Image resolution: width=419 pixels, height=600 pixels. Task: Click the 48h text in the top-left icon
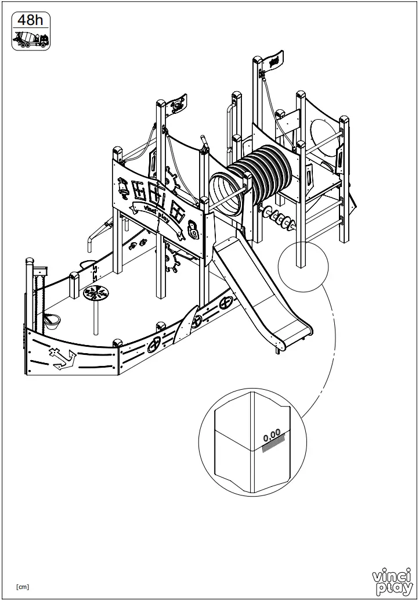pyautogui.click(x=30, y=20)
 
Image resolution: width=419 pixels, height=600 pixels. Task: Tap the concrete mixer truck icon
pyautogui.click(x=31, y=39)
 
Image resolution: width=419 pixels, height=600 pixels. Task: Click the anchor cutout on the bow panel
pyautogui.click(x=62, y=358)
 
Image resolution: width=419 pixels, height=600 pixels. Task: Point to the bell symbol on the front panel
pyautogui.click(x=124, y=186)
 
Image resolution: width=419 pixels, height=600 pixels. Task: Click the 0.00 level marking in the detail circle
pyautogui.click(x=271, y=433)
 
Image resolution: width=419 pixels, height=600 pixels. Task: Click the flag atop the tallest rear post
pyautogui.click(x=273, y=60)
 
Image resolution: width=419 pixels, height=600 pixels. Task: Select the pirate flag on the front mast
pyautogui.click(x=177, y=105)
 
